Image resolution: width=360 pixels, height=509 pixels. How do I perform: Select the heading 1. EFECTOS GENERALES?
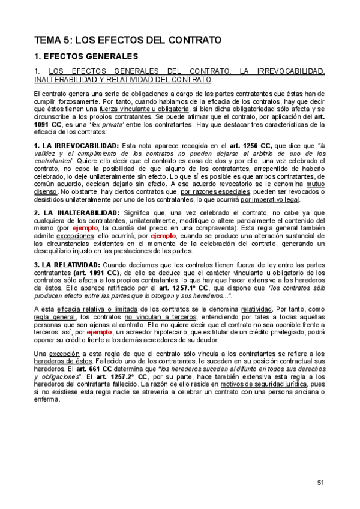(86, 56)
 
